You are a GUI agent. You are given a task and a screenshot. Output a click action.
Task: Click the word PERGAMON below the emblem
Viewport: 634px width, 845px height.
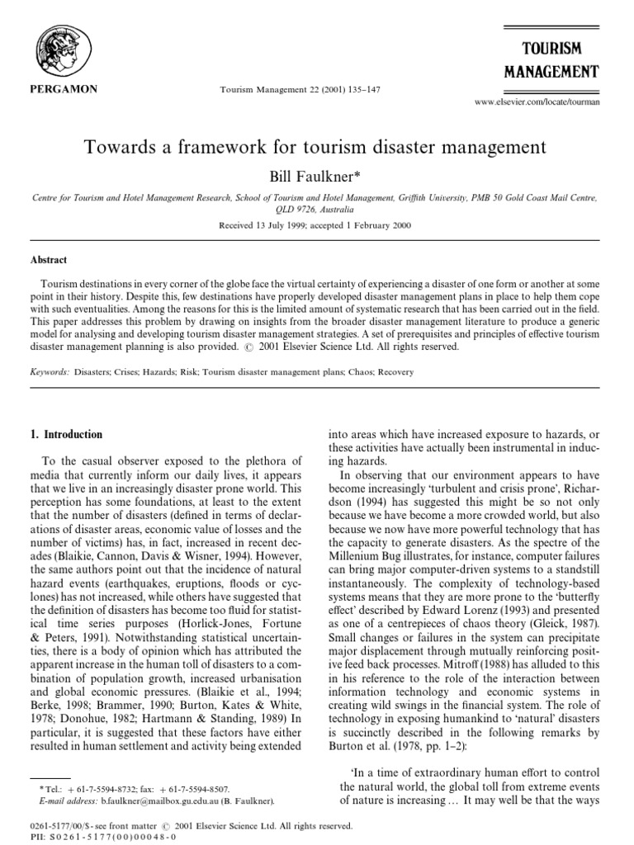[50, 89]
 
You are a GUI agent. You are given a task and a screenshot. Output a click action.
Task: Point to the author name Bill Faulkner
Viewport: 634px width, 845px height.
[317, 177]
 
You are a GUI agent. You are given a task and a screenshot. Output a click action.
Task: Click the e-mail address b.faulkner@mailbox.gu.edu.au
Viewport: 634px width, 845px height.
[158, 800]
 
